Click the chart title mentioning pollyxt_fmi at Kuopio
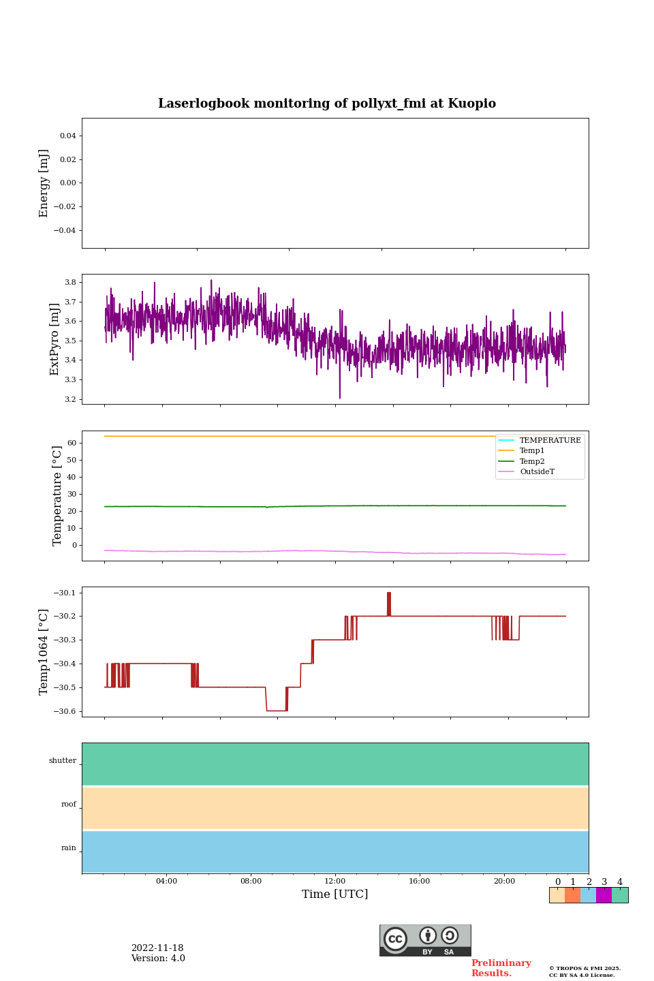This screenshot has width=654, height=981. [327, 104]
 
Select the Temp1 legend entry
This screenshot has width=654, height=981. [532, 451]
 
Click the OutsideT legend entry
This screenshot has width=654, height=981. [537, 472]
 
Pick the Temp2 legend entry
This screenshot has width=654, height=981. [532, 462]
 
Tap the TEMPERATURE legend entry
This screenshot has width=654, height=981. [550, 441]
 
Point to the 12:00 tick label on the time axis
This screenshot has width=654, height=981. [335, 882]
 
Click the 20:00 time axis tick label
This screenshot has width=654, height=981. [504, 882]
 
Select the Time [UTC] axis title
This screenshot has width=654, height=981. [335, 894]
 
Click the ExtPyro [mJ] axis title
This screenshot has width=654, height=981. [55, 339]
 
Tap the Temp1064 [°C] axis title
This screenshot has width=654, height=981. [44, 652]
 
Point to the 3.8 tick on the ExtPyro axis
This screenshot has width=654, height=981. [69, 282]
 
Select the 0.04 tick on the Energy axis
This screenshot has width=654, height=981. [67, 136]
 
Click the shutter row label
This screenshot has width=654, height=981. [63, 761]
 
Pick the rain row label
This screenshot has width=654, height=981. [69, 848]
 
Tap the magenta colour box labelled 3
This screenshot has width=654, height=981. [604, 895]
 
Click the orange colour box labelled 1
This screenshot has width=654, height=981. [572, 895]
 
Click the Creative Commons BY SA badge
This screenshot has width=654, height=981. [425, 940]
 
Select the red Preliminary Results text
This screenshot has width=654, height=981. [501, 968]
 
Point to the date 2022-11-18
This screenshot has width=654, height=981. [157, 948]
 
